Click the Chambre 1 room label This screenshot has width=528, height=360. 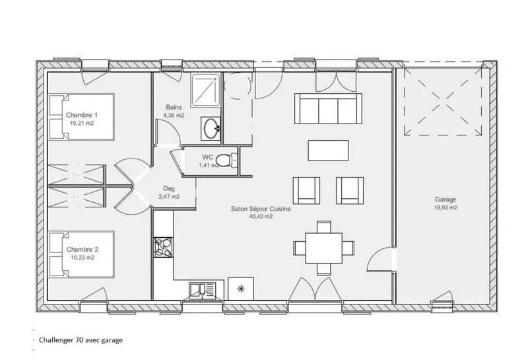coord(82,115)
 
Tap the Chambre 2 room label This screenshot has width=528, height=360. coord(82,250)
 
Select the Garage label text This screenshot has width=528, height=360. coord(445,199)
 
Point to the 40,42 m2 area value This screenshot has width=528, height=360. coord(261,217)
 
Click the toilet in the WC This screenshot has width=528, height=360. coord(226,160)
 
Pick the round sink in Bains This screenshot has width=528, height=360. coord(211,128)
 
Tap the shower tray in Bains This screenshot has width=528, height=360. coord(205,90)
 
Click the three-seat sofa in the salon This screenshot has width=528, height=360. coord(328,108)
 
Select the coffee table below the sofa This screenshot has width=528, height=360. coord(328,151)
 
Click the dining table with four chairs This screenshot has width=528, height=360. coord(323,248)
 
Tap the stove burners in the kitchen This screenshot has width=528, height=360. coord(163,248)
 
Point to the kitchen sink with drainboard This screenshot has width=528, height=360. coord(202,291)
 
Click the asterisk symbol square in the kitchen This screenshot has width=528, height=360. coord(241,289)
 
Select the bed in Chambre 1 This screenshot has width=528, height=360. coord(81,117)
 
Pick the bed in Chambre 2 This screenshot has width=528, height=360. coord(81,254)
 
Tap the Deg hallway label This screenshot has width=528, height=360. coord(169,189)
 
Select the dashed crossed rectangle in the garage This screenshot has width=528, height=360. coord(443,102)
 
